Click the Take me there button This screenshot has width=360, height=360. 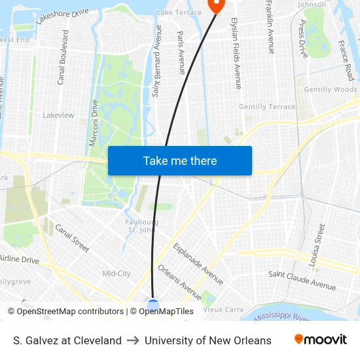click(180, 160)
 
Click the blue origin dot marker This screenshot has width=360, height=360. click(153, 305)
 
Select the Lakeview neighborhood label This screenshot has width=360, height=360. click(58, 115)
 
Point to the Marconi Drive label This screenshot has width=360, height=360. click(94, 122)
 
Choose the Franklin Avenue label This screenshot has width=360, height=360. click(270, 27)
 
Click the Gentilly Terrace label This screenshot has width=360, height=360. click(267, 107)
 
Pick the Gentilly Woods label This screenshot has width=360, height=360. click(331, 90)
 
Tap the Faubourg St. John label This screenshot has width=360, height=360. click(141, 226)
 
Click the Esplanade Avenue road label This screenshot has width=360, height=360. click(198, 264)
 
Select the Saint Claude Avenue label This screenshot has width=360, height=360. click(302, 281)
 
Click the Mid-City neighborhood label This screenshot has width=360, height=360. click(117, 274)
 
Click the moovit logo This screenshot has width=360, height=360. click(321, 340)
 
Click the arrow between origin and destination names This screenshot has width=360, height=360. click(133, 340)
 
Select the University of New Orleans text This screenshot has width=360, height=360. click(207, 340)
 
